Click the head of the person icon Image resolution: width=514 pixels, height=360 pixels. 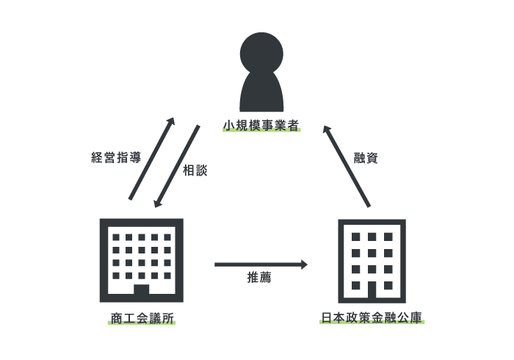[x=261, y=53]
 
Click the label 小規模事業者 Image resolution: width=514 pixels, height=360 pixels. [x=261, y=124]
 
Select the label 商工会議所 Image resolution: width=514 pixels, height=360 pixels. [x=142, y=317]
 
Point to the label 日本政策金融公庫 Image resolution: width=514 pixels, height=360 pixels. [x=372, y=317]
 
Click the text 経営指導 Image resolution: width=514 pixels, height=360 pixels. [x=116, y=157]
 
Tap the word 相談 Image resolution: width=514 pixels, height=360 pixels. [x=195, y=170]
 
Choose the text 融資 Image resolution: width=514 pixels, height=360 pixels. [x=366, y=158]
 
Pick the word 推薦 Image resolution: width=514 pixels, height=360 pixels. [x=259, y=277]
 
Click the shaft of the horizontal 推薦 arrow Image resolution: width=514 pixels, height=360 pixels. [x=257, y=264]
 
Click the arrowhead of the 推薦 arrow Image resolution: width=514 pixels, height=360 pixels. [x=304, y=264]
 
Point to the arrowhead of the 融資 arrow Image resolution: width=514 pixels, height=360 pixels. [x=326, y=129]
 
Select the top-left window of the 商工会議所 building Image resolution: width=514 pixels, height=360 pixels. [x=116, y=237]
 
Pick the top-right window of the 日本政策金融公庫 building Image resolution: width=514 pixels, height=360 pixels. [x=388, y=237]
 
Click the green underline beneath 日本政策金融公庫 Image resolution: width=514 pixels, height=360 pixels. [x=372, y=323]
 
